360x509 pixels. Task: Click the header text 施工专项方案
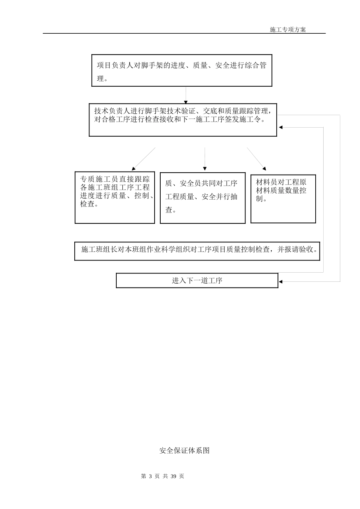[x=288, y=30]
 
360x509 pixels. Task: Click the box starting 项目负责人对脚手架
[x=182, y=70]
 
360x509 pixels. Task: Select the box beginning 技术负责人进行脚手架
[x=183, y=120]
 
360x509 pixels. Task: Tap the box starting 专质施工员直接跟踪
[x=115, y=197]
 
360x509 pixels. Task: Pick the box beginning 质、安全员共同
[x=202, y=198]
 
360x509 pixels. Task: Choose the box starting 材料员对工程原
[x=283, y=198]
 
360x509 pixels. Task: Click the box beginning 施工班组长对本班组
[x=197, y=251]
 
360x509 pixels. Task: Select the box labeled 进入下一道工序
[x=197, y=281]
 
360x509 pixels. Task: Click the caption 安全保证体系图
[x=184, y=451]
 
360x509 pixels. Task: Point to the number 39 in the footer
[x=174, y=476]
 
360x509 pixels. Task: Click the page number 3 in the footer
[x=151, y=476]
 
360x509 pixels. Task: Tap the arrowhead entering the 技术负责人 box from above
[x=186, y=102]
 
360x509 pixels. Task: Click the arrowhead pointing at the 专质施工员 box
[x=133, y=168]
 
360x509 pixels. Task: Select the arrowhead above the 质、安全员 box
[x=205, y=169]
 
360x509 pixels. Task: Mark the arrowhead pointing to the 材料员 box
[x=264, y=168]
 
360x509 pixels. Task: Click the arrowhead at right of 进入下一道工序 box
[x=280, y=281]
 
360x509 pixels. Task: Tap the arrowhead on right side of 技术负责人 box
[x=280, y=127]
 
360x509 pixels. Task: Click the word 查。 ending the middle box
[x=171, y=210]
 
